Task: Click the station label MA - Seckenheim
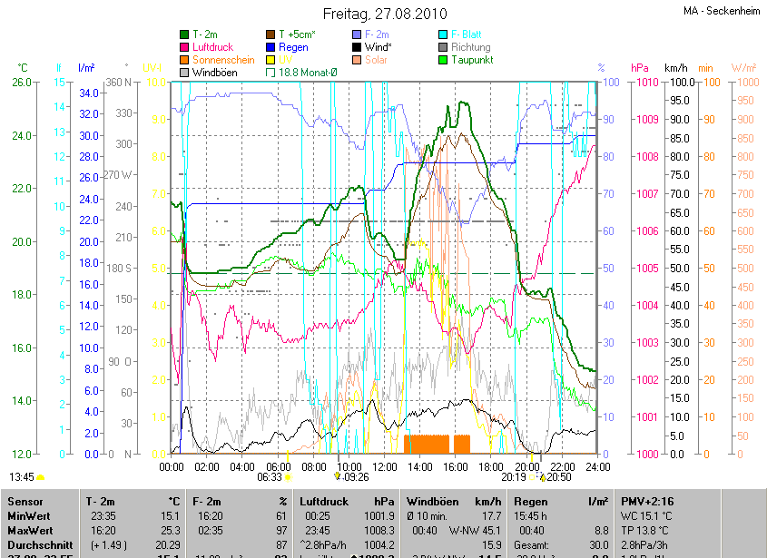click(723, 11)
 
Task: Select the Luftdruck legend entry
click(214, 47)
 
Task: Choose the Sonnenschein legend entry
click(224, 60)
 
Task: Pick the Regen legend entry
click(293, 47)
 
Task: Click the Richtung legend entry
click(470, 47)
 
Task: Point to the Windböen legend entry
click(213, 73)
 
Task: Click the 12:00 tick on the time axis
click(385, 467)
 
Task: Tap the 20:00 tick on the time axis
click(526, 467)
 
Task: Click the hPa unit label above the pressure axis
click(640, 68)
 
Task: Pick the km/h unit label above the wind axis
click(676, 68)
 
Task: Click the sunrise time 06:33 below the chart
click(270, 476)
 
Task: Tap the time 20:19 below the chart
click(514, 476)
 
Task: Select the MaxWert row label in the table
click(31, 530)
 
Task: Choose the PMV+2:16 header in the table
click(648, 501)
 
